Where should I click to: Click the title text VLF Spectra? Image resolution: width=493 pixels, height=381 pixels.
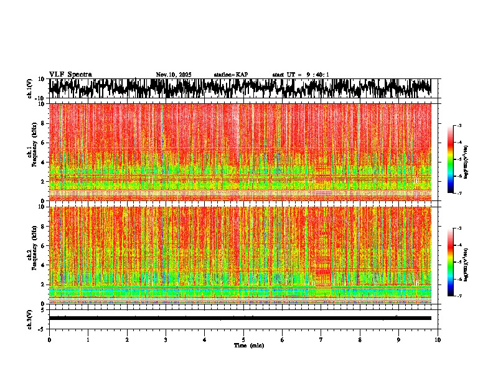click(70, 75)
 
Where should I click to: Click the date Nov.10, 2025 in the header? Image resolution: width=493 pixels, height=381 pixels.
click(174, 75)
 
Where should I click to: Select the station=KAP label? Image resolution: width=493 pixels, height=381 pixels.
click(230, 75)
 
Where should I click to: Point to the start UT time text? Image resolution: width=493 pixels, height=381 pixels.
click(301, 75)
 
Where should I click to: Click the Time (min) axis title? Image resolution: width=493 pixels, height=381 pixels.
click(248, 345)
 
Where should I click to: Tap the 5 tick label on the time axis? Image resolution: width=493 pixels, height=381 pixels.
click(243, 339)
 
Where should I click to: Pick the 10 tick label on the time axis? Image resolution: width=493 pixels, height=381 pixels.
click(438, 339)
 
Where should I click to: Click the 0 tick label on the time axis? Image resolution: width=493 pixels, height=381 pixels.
click(49, 339)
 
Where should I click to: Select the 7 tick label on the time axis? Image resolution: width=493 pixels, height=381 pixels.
click(321, 339)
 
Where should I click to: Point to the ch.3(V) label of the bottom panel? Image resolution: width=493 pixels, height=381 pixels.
click(30, 318)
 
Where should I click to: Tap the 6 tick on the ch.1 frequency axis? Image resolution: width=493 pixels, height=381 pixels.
click(44, 143)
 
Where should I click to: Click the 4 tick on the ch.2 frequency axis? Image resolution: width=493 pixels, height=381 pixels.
click(44, 265)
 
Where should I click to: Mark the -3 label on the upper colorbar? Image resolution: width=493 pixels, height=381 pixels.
click(459, 126)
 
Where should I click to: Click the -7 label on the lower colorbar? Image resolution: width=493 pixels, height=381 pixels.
click(459, 296)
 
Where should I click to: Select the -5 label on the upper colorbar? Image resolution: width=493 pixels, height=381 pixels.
click(459, 159)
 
